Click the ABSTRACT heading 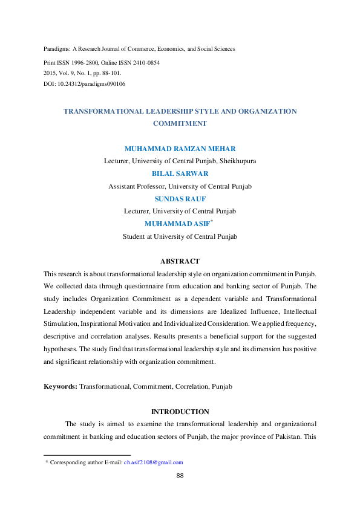pos(180,261)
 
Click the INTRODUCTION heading pos(180,412)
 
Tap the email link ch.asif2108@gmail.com pos(153,462)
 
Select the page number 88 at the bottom pos(180,476)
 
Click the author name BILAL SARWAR pos(180,173)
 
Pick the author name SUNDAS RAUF pos(180,198)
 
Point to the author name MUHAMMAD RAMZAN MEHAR pos(180,149)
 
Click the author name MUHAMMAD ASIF pos(177,224)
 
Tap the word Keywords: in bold pos(61,386)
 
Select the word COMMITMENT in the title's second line pos(180,123)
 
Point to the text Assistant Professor pos(136,186)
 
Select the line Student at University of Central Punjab pos(180,236)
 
